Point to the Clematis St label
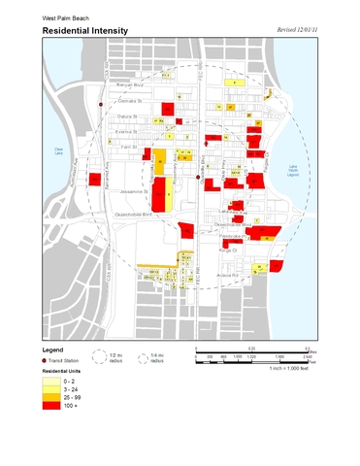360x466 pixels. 130,99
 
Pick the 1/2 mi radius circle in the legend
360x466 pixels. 102,357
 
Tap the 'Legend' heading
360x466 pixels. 53,348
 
